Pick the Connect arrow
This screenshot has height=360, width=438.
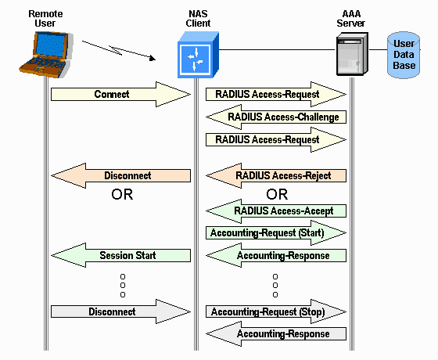[121, 95]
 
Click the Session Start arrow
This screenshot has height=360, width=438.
[121, 255]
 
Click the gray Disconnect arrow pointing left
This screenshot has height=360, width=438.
[121, 176]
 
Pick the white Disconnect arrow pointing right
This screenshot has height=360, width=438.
[121, 312]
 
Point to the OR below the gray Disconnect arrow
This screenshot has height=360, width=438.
[122, 195]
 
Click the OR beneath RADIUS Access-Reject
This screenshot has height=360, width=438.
[277, 193]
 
